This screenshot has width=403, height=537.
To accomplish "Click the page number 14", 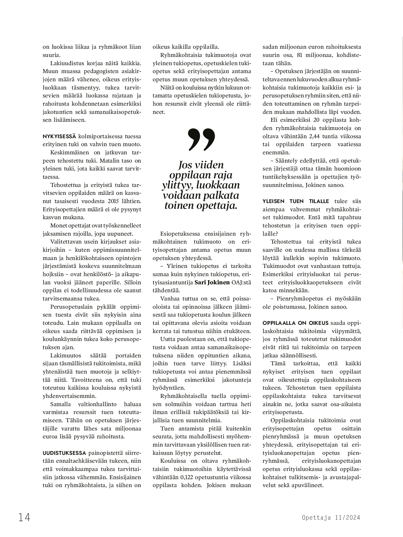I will coord(24,517).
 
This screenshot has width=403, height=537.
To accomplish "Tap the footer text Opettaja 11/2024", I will coord(331,518).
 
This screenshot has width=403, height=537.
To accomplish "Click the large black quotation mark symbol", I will coord(201,139).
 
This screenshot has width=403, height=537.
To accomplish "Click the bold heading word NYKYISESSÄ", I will coord(59,136).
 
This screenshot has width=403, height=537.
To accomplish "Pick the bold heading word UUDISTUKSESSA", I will coord(65,453).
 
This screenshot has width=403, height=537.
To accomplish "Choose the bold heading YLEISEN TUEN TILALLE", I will coord(296,201).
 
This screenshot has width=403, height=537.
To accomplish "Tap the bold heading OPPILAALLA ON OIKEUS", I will coord(295,323).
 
